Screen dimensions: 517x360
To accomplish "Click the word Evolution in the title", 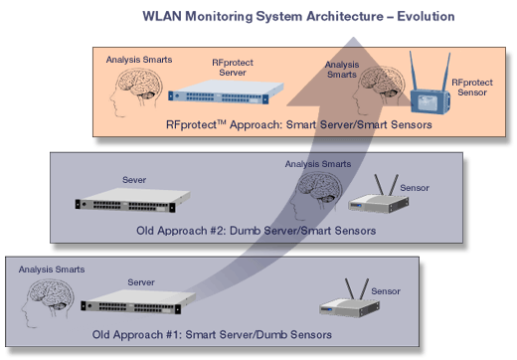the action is click(426, 16).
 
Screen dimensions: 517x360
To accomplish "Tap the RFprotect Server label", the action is click(233, 68).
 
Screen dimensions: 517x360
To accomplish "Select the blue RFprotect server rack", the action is click(226, 92).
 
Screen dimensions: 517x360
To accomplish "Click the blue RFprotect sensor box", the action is click(431, 101).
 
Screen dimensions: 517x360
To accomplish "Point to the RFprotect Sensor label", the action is click(472, 88).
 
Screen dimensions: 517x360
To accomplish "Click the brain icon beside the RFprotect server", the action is click(136, 92).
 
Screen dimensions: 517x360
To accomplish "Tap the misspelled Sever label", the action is click(134, 180).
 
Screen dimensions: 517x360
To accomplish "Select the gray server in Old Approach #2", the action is click(132, 200).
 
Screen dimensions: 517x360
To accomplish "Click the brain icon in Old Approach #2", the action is click(315, 196).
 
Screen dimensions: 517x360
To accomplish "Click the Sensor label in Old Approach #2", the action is click(415, 188).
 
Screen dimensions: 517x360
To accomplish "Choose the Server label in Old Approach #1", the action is click(141, 282).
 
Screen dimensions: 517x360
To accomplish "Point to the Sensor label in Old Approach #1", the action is click(386, 291).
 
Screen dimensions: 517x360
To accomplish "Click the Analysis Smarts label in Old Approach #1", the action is click(52, 270).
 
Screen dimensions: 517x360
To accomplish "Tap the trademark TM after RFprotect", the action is click(222, 122).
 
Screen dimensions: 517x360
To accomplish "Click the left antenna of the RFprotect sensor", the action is click(414, 71).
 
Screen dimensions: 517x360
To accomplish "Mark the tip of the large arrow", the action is click(353, 37).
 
